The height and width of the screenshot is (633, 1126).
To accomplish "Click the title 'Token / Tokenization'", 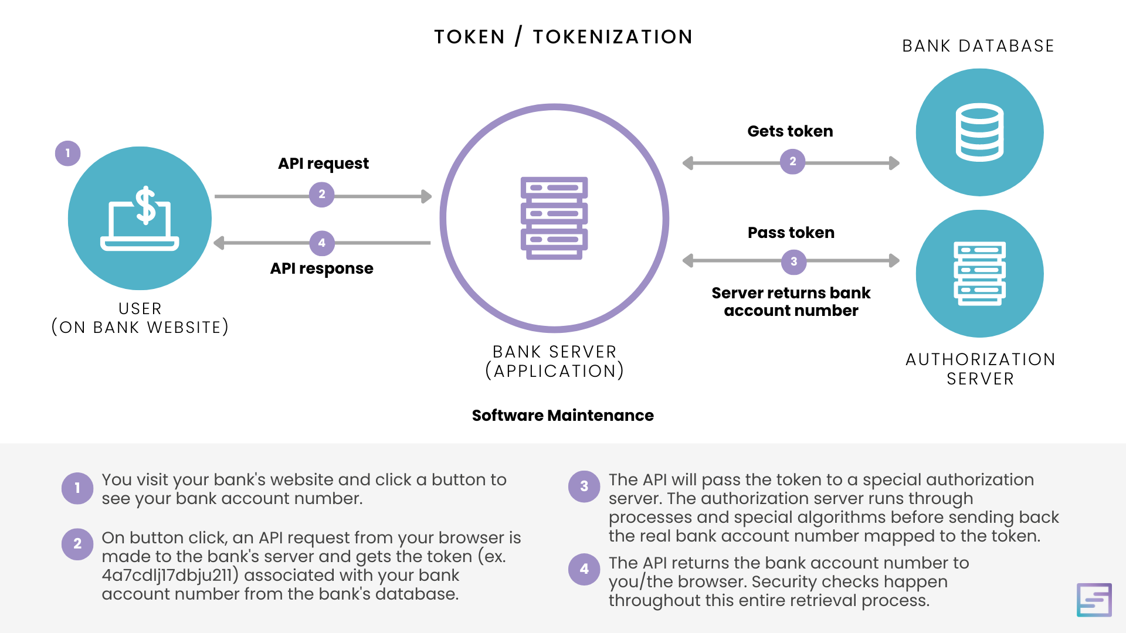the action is click(563, 37).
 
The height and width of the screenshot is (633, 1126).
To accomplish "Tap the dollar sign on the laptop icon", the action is click(145, 205).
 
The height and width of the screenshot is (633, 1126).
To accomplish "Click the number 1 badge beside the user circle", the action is click(68, 154).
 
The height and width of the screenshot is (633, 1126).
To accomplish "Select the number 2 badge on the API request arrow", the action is click(322, 195).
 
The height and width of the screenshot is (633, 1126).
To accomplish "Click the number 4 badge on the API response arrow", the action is click(322, 243).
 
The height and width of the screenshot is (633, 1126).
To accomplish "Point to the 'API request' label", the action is click(323, 164).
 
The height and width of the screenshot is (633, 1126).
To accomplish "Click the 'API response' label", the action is click(321, 268).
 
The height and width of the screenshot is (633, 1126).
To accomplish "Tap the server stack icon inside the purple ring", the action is click(554, 218).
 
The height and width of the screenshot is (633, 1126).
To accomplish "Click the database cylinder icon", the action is click(979, 132).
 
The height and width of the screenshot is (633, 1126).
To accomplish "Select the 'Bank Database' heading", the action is click(978, 46).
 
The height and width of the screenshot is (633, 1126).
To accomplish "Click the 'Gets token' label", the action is click(790, 131).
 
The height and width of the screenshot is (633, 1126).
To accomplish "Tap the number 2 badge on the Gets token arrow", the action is click(793, 162).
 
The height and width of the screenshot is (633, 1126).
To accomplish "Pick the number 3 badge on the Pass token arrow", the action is click(794, 262).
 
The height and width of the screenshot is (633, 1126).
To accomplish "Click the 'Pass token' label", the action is click(791, 233).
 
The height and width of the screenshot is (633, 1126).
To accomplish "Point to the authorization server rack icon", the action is click(980, 274).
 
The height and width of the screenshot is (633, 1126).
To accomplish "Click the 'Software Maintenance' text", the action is click(563, 416).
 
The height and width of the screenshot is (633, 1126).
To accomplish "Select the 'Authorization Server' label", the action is click(981, 369).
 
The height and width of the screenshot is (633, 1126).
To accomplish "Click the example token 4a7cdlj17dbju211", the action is click(167, 575).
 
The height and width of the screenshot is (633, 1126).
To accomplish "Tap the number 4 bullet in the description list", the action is click(584, 569).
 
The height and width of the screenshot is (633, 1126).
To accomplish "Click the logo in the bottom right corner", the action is click(1094, 600).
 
